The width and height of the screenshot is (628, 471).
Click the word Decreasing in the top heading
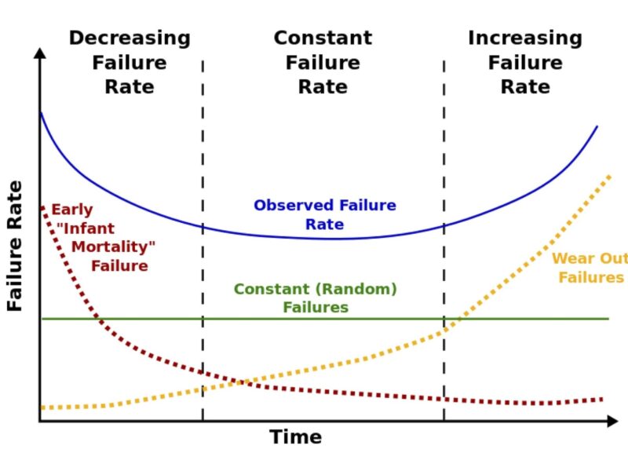(x=130, y=38)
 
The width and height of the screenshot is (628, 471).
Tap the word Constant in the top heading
(x=323, y=38)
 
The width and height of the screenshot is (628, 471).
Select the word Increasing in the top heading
(x=525, y=38)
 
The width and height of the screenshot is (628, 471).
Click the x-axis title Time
(x=296, y=437)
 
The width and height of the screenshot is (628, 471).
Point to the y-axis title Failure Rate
(x=15, y=246)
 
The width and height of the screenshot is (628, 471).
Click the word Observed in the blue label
(x=292, y=206)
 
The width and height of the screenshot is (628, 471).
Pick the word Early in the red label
(x=72, y=210)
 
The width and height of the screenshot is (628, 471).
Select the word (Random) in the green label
(x=356, y=289)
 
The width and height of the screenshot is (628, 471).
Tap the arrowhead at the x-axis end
(x=613, y=422)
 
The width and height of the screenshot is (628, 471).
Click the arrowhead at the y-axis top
(x=40, y=53)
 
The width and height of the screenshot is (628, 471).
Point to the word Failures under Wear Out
(x=591, y=278)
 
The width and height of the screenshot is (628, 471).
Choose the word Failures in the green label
(x=316, y=308)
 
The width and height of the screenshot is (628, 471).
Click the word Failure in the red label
(x=119, y=266)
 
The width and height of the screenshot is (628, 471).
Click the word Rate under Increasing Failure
(x=525, y=86)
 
